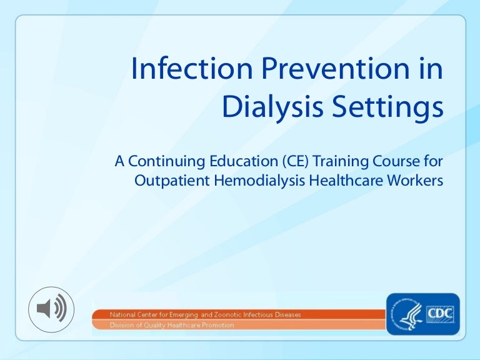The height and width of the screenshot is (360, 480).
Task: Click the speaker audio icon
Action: pyautogui.click(x=51, y=309)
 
